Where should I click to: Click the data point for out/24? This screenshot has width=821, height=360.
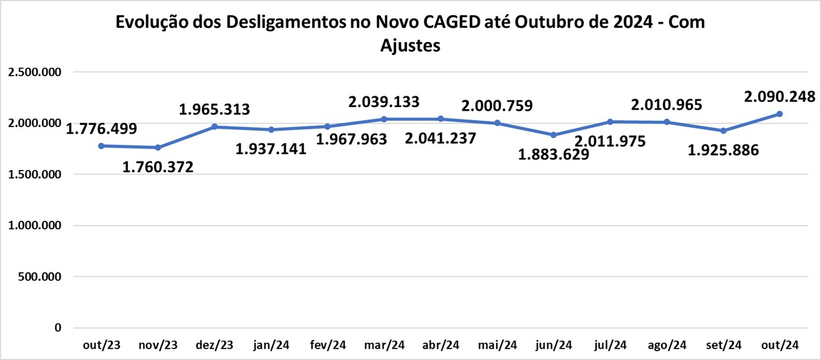click(x=780, y=114)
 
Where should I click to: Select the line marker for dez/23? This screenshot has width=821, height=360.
click(x=215, y=127)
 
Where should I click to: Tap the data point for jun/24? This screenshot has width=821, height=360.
click(x=553, y=135)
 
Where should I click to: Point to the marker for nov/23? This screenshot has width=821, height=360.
click(x=158, y=148)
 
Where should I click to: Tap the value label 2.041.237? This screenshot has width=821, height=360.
click(x=440, y=139)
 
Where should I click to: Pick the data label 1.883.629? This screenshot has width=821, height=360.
click(x=554, y=154)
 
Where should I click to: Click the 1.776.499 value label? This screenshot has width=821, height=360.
click(x=101, y=129)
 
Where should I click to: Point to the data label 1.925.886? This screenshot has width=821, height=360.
click(x=723, y=151)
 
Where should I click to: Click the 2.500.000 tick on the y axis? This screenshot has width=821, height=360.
click(x=34, y=72)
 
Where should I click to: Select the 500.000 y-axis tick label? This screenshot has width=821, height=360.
click(x=40, y=277)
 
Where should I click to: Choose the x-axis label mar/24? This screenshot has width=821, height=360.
click(x=384, y=345)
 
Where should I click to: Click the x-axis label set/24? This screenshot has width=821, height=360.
click(x=723, y=345)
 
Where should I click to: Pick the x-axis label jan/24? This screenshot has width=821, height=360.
click(x=271, y=345)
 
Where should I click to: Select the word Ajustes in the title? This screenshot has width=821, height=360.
click(x=410, y=46)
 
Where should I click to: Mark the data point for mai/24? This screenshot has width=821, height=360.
click(x=497, y=123)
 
